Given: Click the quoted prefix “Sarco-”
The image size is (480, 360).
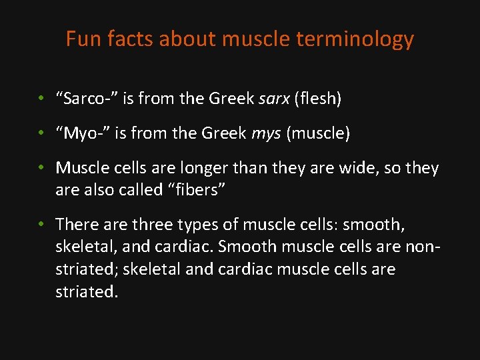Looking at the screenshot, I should (87, 99).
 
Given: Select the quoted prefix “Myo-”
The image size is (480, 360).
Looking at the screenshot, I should (83, 134).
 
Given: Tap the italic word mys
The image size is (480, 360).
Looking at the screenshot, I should (267, 134).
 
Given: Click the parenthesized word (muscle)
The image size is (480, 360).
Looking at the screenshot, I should (318, 134).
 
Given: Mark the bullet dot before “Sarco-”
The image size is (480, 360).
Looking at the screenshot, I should (41, 99).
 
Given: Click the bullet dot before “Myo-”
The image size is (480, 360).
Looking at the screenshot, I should (41, 134).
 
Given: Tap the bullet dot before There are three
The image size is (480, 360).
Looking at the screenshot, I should (41, 225).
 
